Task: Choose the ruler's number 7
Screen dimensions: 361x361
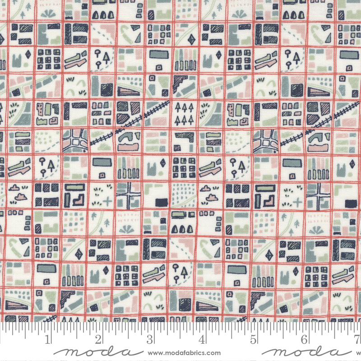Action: pos(356,339)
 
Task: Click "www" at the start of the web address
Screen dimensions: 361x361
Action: pos(155,353)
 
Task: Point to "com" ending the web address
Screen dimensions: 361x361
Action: pos(214,353)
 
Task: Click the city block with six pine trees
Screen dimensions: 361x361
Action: pos(183,113)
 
